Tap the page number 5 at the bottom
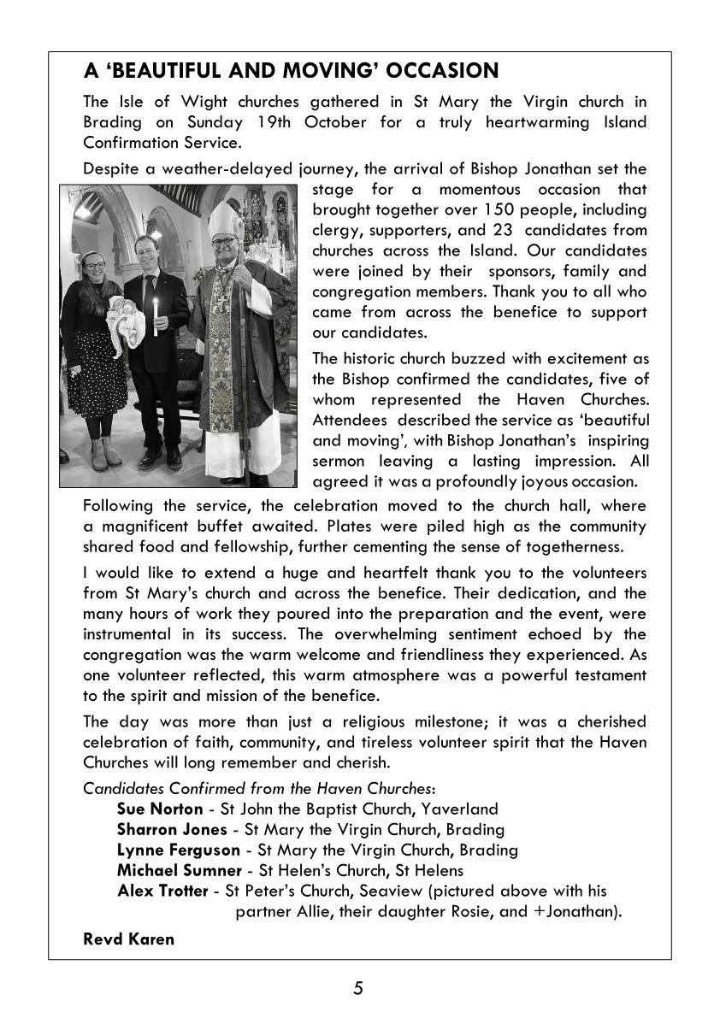tap(358, 989)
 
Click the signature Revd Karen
tap(128, 939)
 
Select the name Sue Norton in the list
tap(159, 809)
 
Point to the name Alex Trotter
tap(162, 891)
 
